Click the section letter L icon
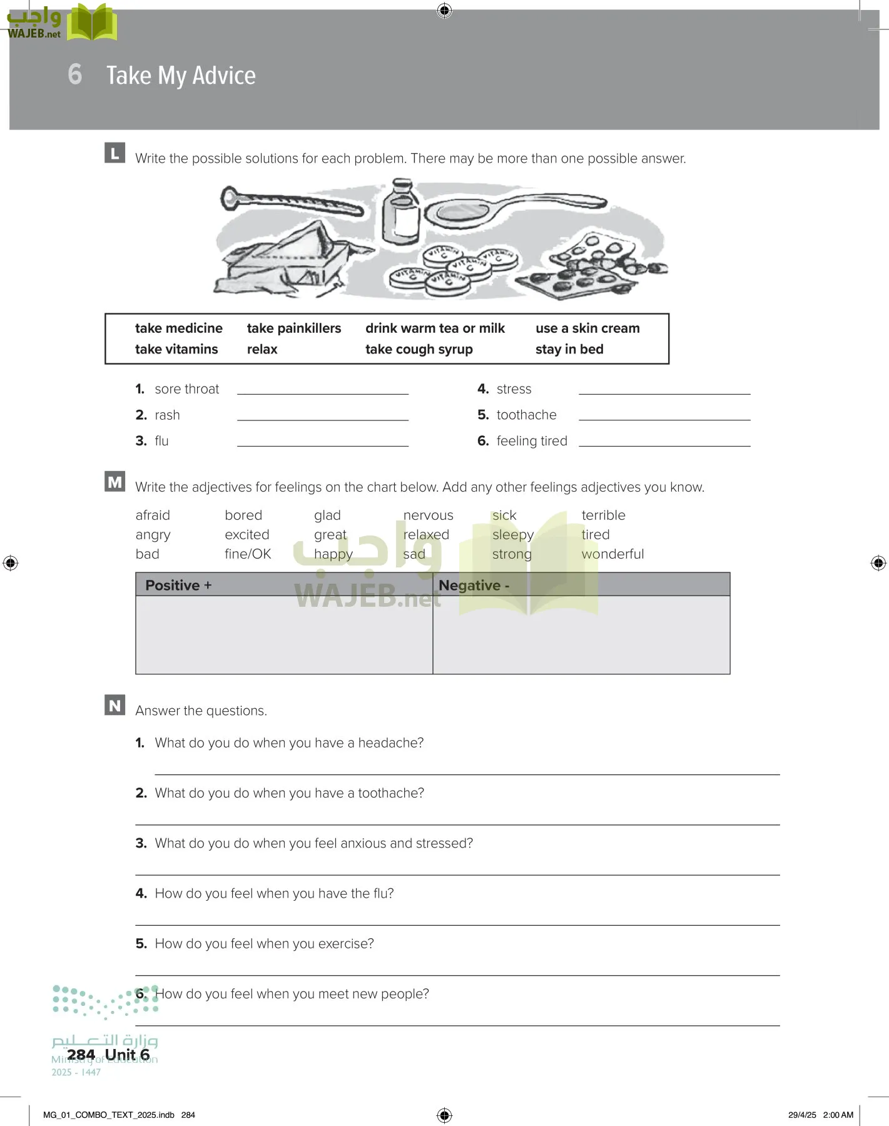pyautogui.click(x=114, y=153)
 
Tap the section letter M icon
pyautogui.click(x=114, y=482)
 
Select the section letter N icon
pyautogui.click(x=114, y=705)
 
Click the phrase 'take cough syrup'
pyautogui.click(x=419, y=349)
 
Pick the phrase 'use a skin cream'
pyautogui.click(x=587, y=328)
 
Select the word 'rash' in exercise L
pyautogui.click(x=167, y=415)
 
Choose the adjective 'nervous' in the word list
pyautogui.click(x=428, y=515)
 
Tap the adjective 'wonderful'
pyautogui.click(x=612, y=554)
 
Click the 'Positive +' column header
pyautogui.click(x=178, y=586)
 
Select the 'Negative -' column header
pyautogui.click(x=474, y=586)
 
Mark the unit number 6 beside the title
pyautogui.click(x=75, y=74)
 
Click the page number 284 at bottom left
pyautogui.click(x=81, y=1055)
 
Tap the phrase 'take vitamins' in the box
pyautogui.click(x=176, y=349)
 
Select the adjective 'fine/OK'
pyautogui.click(x=248, y=554)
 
